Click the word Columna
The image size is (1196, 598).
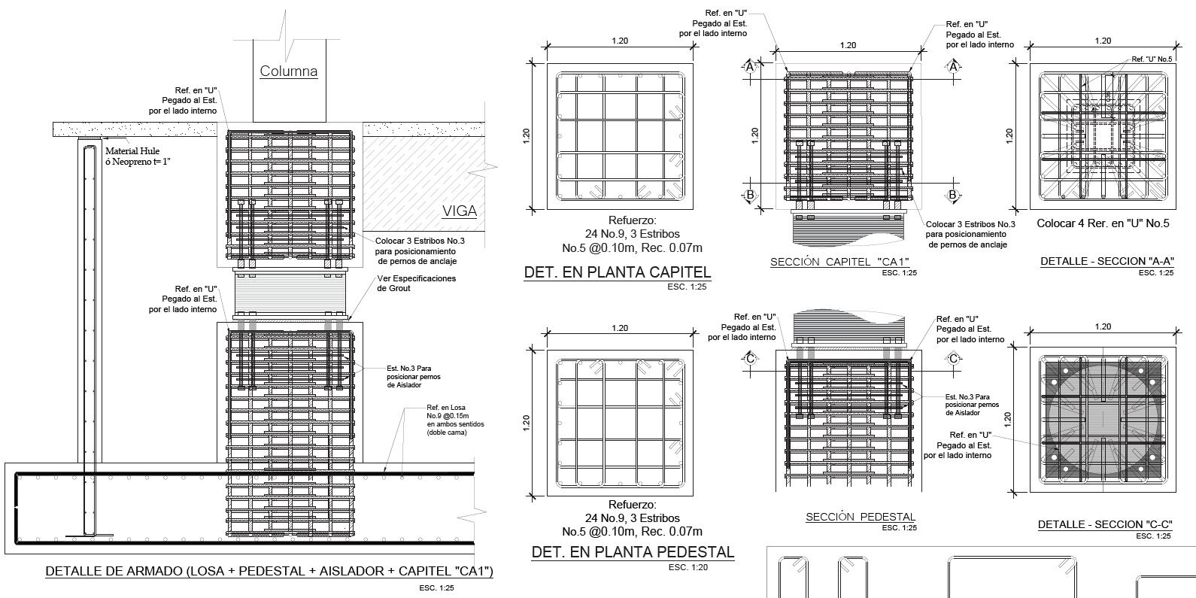click(x=289, y=71)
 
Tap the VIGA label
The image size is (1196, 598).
click(x=459, y=211)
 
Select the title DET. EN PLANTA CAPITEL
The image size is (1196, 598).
click(x=617, y=272)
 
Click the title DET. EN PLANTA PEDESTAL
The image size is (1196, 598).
click(x=633, y=552)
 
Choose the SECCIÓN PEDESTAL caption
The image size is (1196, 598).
click(x=861, y=517)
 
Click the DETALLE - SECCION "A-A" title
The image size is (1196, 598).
click(x=1107, y=262)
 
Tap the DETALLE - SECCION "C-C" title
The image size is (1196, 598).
click(x=1106, y=524)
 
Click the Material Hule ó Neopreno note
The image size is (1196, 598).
click(x=138, y=156)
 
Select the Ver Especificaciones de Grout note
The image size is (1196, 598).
click(x=416, y=283)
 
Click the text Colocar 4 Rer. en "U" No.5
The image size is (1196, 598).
click(x=1103, y=223)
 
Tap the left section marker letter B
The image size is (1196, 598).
click(x=750, y=196)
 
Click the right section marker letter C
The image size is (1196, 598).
click(x=954, y=359)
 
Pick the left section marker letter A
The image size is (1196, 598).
click(x=750, y=67)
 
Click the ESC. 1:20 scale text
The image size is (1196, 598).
click(x=688, y=566)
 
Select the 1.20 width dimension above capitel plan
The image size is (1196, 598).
click(x=620, y=41)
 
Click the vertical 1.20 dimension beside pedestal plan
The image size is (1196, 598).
click(x=527, y=423)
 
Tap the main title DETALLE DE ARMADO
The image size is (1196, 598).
click(x=269, y=572)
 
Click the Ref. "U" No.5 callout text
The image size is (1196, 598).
click(x=1152, y=59)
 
